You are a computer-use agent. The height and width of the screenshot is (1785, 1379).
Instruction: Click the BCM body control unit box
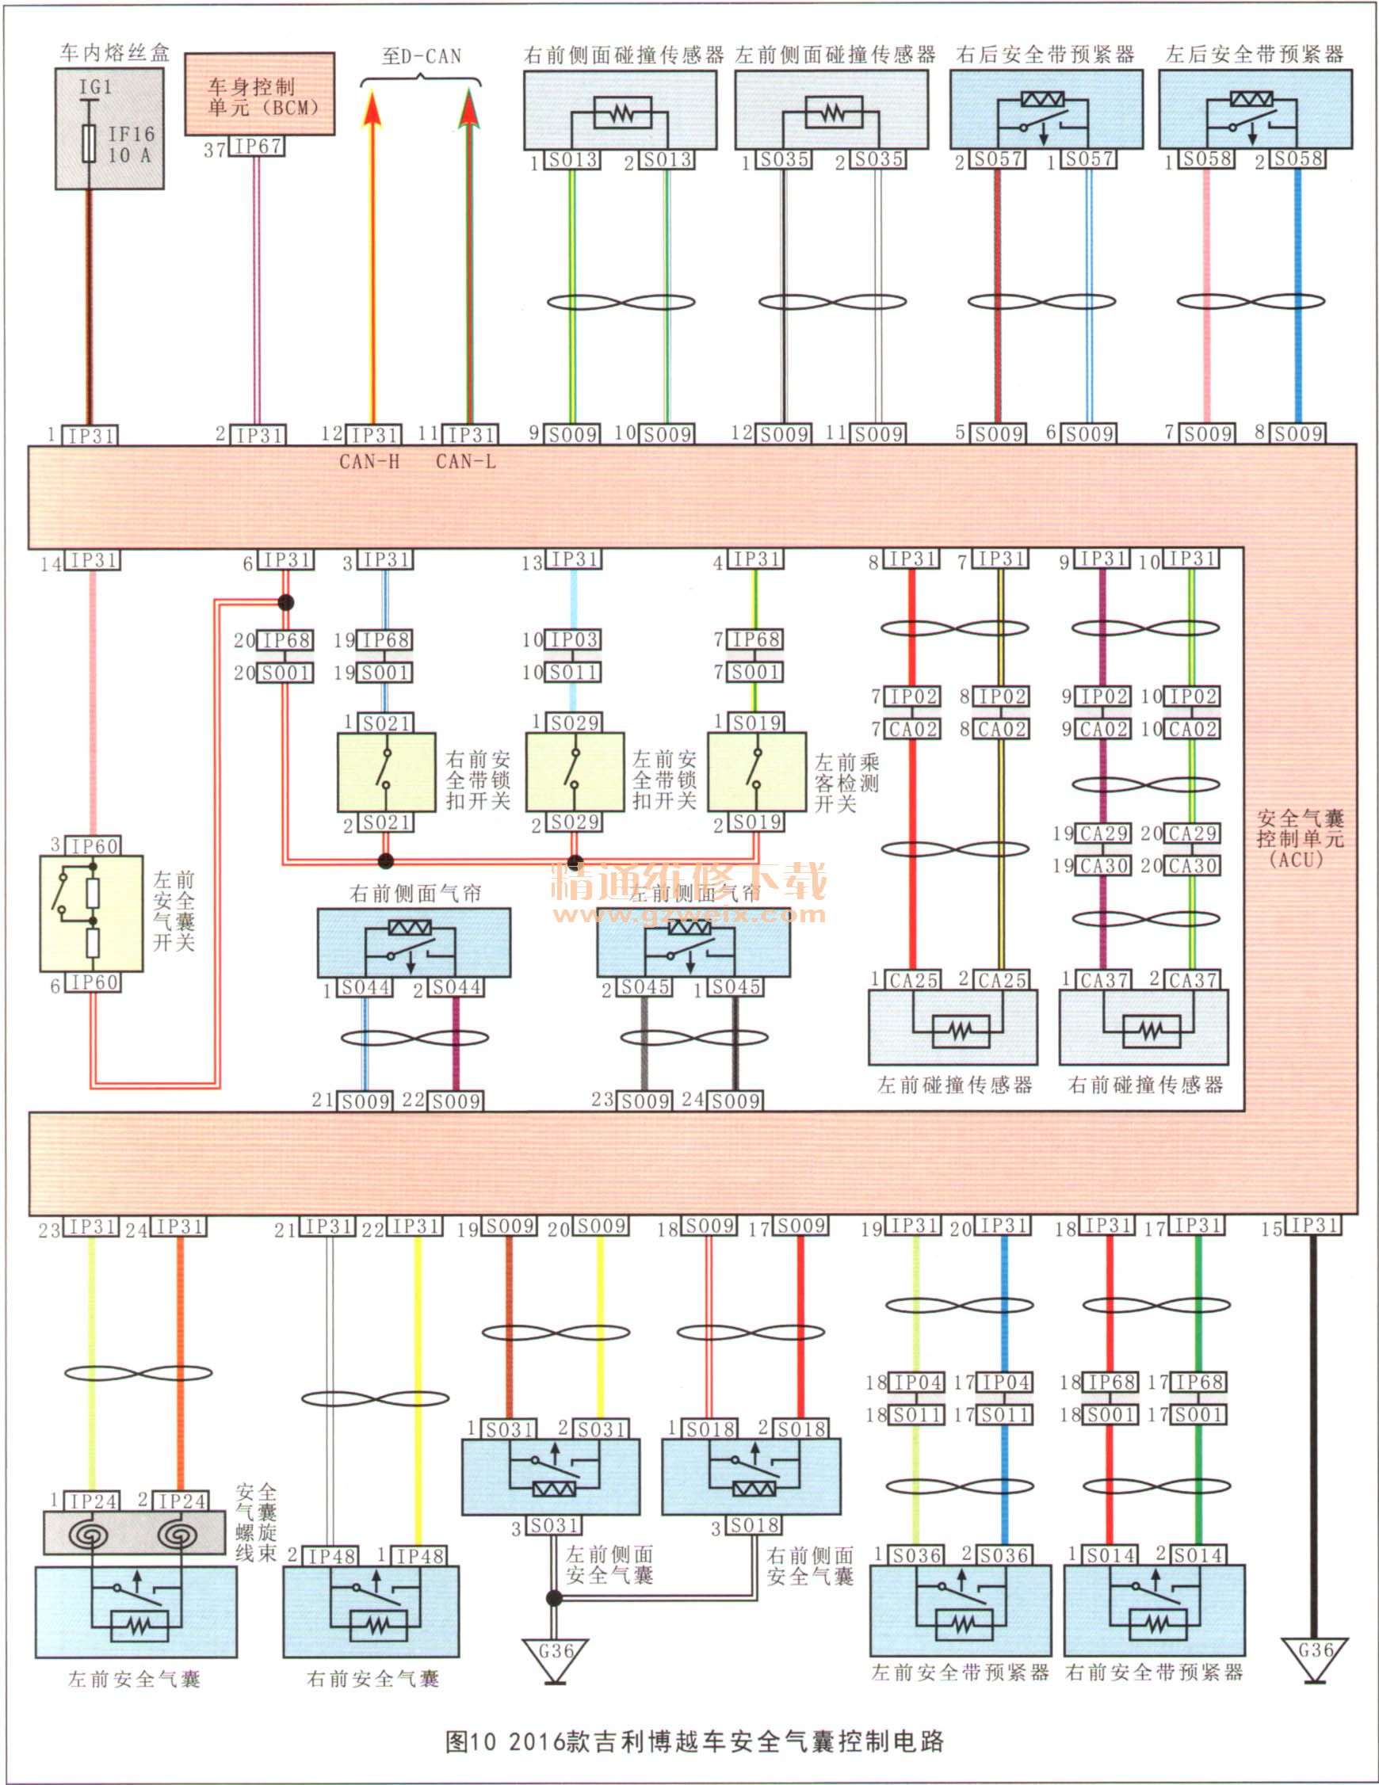(259, 94)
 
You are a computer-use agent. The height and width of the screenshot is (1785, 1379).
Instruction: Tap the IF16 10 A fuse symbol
(90, 144)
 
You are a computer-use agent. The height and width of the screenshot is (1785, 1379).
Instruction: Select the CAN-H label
(369, 462)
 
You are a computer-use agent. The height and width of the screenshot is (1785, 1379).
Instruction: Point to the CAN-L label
(465, 462)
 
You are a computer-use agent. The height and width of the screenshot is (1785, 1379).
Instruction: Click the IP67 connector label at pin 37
(258, 147)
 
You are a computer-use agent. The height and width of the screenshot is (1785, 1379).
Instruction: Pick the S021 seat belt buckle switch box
(386, 772)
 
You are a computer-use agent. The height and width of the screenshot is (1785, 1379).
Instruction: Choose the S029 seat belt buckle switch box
(575, 772)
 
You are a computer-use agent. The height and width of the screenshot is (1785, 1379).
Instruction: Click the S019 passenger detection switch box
(756, 772)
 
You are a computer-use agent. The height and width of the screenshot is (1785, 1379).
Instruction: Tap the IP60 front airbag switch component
(92, 913)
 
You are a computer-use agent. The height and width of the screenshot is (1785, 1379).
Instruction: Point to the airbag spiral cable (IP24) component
(134, 1533)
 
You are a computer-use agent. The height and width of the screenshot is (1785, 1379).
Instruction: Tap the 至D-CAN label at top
(421, 56)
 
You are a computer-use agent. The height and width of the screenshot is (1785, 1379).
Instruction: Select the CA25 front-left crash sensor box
(953, 1028)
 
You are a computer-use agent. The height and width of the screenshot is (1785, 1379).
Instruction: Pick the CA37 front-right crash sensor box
(1144, 1028)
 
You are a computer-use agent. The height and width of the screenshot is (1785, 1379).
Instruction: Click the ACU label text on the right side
(1300, 838)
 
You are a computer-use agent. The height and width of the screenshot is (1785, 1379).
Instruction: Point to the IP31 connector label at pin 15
(1312, 1226)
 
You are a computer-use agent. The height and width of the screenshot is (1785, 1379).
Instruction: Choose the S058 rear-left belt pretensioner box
(1255, 109)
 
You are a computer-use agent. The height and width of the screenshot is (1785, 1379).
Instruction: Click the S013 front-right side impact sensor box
(620, 109)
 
